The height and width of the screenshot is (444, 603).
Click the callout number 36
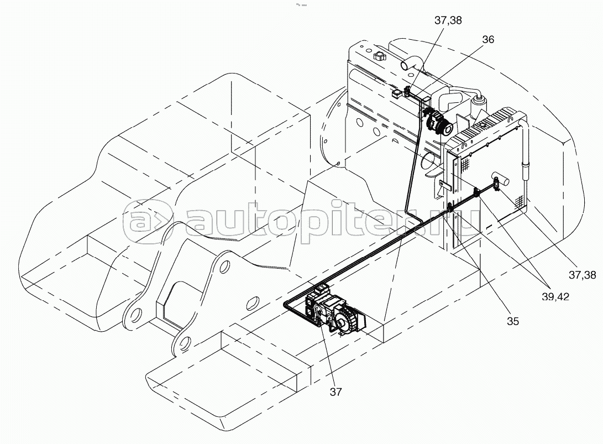(x=488, y=40)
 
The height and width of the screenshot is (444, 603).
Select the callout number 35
(x=512, y=321)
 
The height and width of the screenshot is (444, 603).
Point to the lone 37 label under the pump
(x=335, y=391)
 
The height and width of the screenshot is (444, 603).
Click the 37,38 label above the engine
(x=448, y=20)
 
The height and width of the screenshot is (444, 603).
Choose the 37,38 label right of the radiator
(x=582, y=275)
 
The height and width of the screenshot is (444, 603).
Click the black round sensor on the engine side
(x=448, y=128)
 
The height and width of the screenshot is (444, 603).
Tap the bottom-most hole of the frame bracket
(x=184, y=342)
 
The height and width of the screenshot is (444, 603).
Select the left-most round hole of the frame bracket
(x=135, y=317)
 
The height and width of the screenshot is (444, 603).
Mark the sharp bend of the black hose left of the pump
(x=286, y=304)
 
